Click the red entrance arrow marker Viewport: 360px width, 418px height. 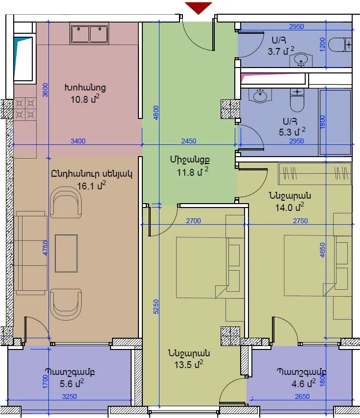click(199, 8)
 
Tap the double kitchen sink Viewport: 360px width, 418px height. click(90, 34)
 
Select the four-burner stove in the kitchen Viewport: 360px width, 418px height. click(25, 109)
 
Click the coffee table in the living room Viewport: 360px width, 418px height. click(67, 254)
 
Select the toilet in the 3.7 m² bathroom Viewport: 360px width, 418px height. click(340, 45)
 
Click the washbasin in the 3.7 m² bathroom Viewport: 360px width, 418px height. click(301, 60)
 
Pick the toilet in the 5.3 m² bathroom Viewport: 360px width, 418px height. click(297, 100)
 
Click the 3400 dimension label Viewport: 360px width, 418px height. click(78, 141)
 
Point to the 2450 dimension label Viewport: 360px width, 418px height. click(189, 141)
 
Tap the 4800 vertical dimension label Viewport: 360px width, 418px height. click(156, 113)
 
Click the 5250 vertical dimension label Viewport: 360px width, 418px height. click(156, 307)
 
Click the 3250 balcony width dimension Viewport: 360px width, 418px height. click(69, 396)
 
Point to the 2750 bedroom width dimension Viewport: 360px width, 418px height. click(300, 221)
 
